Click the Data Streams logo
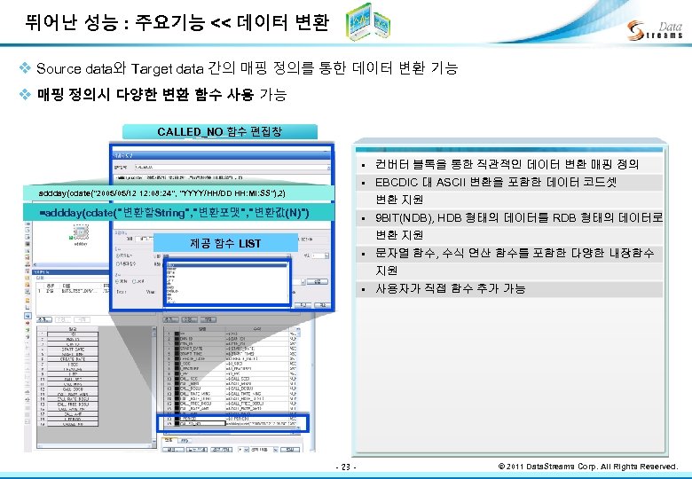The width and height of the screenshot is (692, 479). click(x=654, y=30)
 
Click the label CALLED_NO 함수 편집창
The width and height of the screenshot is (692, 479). click(x=219, y=131)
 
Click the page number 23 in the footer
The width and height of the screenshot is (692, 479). click(x=347, y=467)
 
